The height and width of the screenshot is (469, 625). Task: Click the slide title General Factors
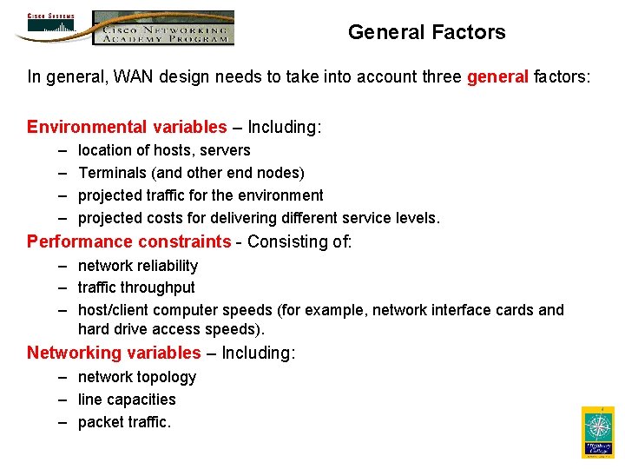[x=426, y=33]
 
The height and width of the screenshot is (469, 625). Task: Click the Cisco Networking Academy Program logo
[x=163, y=28]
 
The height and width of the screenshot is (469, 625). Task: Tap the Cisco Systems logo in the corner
[x=51, y=26]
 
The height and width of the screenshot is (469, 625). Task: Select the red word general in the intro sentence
[x=497, y=77]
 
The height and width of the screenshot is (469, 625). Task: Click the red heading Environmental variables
[x=127, y=128]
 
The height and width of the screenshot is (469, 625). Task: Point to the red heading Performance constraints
[x=129, y=241]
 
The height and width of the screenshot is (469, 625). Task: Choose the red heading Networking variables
[x=114, y=353]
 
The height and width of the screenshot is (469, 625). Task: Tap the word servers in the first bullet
[x=225, y=150]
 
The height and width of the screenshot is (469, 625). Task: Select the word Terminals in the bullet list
[x=111, y=173]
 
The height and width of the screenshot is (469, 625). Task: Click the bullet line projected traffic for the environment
[x=201, y=195]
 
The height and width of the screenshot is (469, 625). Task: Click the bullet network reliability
[x=138, y=266]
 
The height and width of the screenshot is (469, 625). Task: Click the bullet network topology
[x=137, y=377]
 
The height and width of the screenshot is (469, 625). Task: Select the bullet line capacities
[x=127, y=400]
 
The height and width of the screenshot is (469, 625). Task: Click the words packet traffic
[x=124, y=422]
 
